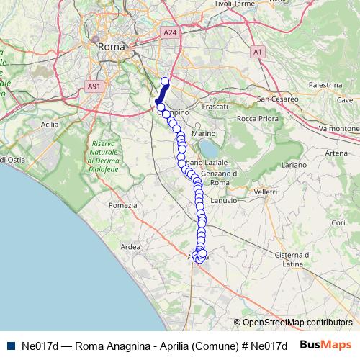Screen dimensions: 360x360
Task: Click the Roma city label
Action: (112, 46)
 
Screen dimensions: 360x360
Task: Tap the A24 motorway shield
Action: (169, 32)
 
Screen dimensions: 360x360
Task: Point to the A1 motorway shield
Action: (258, 52)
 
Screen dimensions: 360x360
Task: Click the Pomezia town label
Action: (122, 205)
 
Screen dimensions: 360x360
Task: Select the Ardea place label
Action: (131, 247)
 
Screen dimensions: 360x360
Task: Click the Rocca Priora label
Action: (256, 118)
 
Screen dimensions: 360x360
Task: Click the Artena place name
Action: (336, 153)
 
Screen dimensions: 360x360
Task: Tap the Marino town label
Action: (204, 134)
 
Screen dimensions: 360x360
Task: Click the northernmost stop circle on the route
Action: (165, 81)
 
